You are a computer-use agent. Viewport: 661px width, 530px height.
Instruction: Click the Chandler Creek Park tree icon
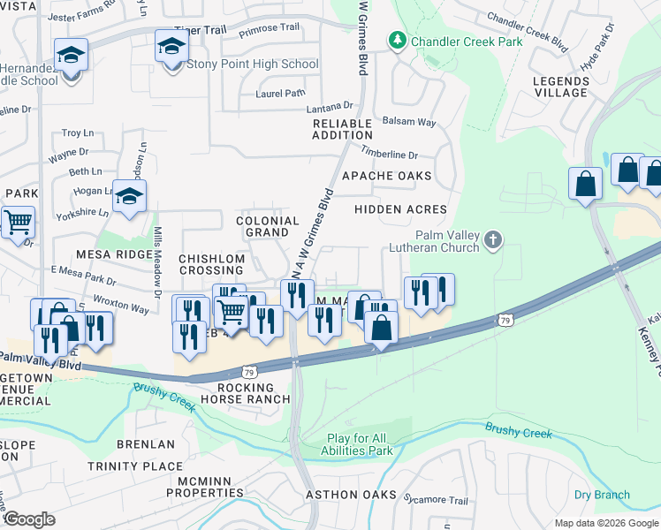click(x=398, y=41)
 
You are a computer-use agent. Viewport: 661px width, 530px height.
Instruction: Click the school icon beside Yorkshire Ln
click(x=129, y=196)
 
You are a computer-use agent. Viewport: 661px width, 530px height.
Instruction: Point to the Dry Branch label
click(x=602, y=496)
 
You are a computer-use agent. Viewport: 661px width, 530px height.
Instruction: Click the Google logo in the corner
click(x=29, y=519)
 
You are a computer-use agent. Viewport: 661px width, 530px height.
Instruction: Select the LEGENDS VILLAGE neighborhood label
click(x=560, y=87)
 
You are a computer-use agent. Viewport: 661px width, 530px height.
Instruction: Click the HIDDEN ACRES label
click(x=400, y=209)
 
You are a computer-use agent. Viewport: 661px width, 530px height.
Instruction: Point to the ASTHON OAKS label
click(x=351, y=495)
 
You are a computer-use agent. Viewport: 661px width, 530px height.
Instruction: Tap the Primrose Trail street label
click(x=271, y=28)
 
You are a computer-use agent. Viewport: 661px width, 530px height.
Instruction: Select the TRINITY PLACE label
click(x=134, y=466)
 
